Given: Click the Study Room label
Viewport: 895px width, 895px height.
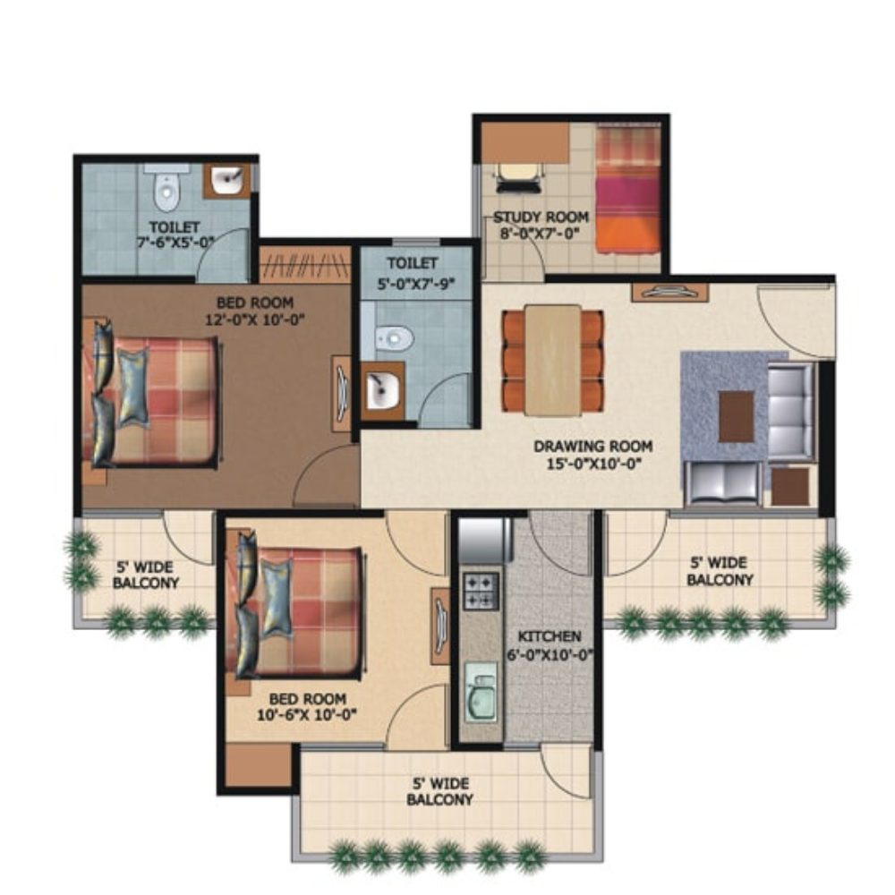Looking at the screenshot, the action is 541,217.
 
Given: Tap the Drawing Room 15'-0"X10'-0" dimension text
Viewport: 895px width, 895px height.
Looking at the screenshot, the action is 593,464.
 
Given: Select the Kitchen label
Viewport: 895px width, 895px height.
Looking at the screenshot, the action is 550,636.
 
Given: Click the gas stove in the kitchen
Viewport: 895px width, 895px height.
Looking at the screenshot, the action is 482,592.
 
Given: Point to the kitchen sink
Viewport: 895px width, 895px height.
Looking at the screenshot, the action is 481,692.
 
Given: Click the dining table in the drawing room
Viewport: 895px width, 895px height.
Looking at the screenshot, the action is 552,360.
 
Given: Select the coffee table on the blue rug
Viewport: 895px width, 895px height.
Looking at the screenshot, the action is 736,416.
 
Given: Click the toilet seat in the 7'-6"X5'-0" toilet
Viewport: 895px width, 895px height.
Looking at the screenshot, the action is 166,187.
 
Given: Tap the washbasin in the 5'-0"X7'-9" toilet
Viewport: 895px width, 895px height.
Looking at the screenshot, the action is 383,390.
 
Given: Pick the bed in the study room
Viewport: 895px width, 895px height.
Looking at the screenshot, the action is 628,189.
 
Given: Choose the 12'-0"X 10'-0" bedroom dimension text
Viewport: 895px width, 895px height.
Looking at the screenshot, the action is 254,320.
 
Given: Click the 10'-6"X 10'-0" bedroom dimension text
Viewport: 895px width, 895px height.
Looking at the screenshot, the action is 307,714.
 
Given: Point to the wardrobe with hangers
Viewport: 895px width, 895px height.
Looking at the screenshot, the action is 305,264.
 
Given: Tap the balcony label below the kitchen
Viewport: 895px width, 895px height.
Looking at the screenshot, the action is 440,791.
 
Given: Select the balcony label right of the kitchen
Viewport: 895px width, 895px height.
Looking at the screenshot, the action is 720,571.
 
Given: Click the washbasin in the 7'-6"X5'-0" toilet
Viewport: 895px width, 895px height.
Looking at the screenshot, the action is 227,181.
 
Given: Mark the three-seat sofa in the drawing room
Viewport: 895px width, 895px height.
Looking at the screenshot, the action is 790,411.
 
